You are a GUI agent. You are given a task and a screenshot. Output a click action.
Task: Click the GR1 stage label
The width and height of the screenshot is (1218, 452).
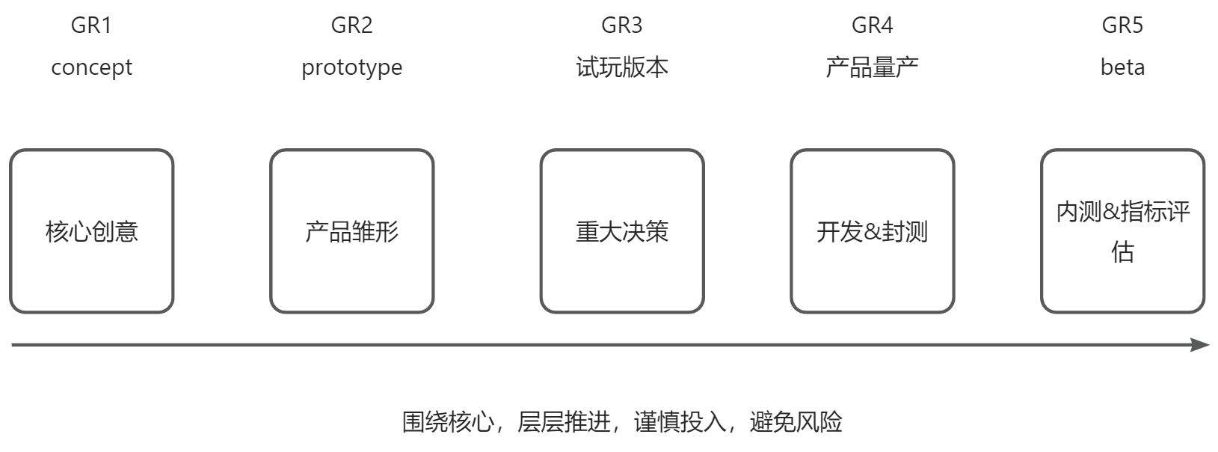pyautogui.click(x=91, y=25)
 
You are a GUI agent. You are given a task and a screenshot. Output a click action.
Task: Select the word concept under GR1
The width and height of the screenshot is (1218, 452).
pyautogui.click(x=91, y=67)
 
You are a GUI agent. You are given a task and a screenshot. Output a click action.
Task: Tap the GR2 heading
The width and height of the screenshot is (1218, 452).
pyautogui.click(x=351, y=25)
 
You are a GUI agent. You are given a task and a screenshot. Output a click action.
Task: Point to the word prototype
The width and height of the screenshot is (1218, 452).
pyautogui.click(x=351, y=68)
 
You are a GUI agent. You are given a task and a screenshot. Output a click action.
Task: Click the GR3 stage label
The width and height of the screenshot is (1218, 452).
pyautogui.click(x=621, y=25)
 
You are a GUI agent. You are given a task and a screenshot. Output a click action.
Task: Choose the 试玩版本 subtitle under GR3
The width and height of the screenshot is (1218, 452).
pyautogui.click(x=621, y=67)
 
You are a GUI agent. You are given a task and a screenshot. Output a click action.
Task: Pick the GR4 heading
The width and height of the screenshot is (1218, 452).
pyautogui.click(x=872, y=25)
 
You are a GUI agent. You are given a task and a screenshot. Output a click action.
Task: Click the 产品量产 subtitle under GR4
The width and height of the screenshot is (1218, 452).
pyautogui.click(x=872, y=67)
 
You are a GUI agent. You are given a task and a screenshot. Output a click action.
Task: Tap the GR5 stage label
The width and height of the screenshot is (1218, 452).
pyautogui.click(x=1122, y=25)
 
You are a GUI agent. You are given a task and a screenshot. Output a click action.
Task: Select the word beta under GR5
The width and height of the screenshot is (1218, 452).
pyautogui.click(x=1122, y=67)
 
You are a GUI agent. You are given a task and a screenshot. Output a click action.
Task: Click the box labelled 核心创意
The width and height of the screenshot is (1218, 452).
pyautogui.click(x=91, y=231)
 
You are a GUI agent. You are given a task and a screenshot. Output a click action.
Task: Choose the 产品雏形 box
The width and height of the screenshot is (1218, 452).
pyautogui.click(x=351, y=231)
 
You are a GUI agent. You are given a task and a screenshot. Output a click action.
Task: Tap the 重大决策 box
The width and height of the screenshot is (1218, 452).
pyautogui.click(x=621, y=231)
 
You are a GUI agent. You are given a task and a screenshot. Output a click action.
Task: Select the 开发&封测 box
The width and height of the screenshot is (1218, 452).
pyautogui.click(x=872, y=231)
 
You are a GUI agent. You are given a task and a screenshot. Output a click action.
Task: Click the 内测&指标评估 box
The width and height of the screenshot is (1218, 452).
pyautogui.click(x=1122, y=231)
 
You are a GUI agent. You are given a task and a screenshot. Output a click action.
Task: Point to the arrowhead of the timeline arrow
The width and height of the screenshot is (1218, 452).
pyautogui.click(x=1201, y=345)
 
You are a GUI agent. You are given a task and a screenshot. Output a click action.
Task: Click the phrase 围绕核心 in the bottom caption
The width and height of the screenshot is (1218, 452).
pyautogui.click(x=448, y=422)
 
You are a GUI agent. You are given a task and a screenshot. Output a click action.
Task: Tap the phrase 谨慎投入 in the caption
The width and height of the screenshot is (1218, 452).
pyautogui.click(x=680, y=422)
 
